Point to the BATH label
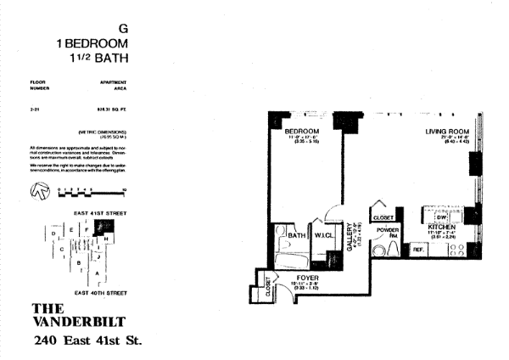click(x=296, y=235)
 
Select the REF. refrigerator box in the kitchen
click(x=418, y=250)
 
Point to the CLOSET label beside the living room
click(x=380, y=216)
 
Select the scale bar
click(x=93, y=191)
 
